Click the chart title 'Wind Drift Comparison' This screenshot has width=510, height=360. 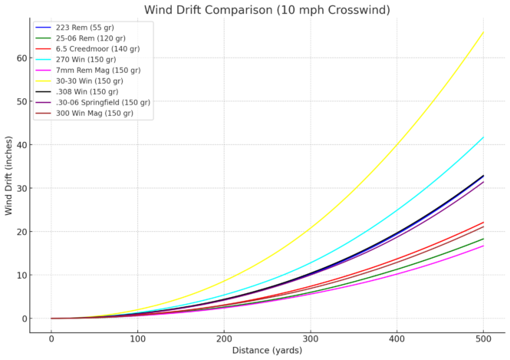point(267,10)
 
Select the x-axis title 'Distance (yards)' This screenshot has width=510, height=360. point(267,351)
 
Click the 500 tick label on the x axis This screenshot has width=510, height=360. point(483,339)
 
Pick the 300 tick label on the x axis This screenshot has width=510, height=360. point(311,339)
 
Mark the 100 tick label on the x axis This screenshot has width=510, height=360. point(138,339)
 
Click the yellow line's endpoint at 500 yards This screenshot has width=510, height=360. point(483,32)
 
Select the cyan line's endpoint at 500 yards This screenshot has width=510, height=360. point(483,137)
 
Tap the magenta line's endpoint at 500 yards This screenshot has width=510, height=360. point(483,246)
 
